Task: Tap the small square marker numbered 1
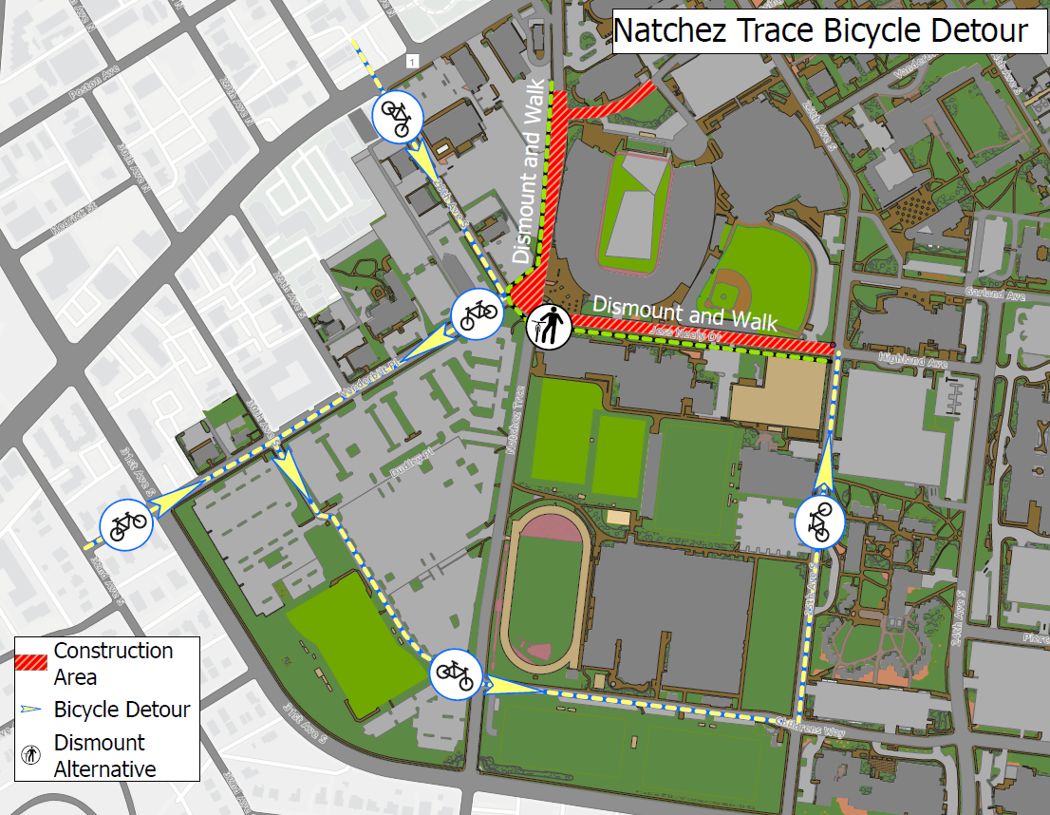point(410,62)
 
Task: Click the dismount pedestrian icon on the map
point(549,327)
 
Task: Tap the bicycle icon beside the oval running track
point(454,674)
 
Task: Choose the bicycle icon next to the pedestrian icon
point(474,313)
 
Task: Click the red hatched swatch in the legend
point(32,663)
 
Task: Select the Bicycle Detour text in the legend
point(122,710)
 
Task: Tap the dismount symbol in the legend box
point(32,755)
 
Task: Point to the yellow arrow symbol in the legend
point(32,710)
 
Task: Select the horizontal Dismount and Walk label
point(684,313)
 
